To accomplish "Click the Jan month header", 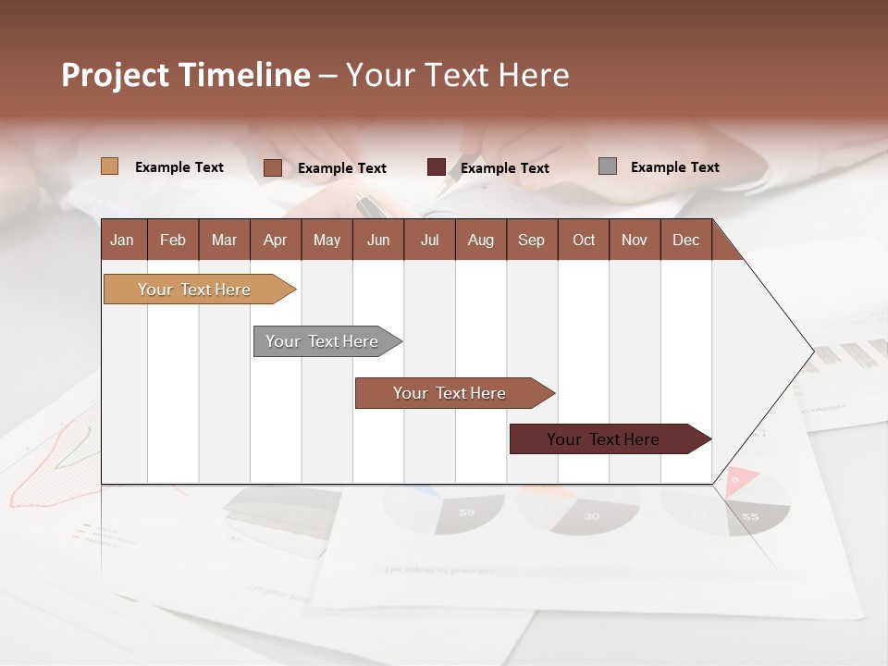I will point(122,240).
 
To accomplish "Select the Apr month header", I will point(275,240).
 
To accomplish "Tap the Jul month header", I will point(429,240).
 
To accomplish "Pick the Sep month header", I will point(531,240).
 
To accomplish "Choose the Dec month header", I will point(685,240).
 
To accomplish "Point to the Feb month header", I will point(173,240).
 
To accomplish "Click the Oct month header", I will point(584,240).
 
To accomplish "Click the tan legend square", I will point(109,166).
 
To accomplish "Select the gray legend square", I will point(608,166).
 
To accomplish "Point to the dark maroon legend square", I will point(437,167).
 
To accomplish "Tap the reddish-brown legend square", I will point(273,167).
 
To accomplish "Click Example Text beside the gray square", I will point(674,167).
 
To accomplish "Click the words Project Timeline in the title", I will point(186,75).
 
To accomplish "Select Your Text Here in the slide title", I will point(457,75).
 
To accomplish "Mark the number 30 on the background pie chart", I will point(591,516).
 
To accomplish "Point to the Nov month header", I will point(635,240).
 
